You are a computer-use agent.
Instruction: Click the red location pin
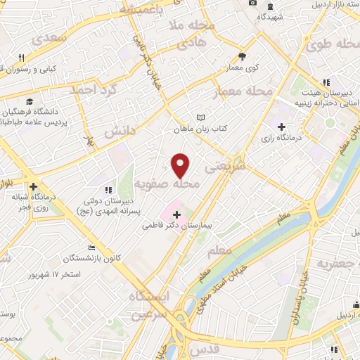pos(181,165)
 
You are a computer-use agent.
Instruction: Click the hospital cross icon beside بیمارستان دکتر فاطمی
pos(176,213)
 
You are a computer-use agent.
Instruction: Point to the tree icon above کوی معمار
pos(243,56)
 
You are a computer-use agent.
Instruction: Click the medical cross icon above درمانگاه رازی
pos(282,127)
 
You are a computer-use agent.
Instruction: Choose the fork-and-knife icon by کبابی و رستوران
pos(22,58)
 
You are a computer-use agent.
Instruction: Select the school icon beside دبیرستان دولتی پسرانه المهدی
pos(108,190)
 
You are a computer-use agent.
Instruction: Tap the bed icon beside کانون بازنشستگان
pos(91,247)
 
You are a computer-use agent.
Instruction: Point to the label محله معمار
pos(250,91)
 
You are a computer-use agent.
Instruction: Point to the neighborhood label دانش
pos(120,131)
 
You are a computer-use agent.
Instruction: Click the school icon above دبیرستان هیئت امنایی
pos(326,82)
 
